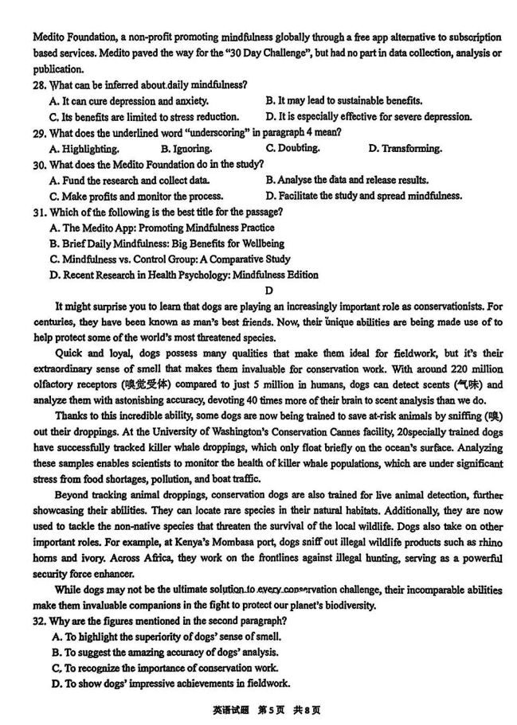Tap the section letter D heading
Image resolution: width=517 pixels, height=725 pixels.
pyautogui.click(x=268, y=290)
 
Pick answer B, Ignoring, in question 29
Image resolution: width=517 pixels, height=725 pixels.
pyautogui.click(x=191, y=149)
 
